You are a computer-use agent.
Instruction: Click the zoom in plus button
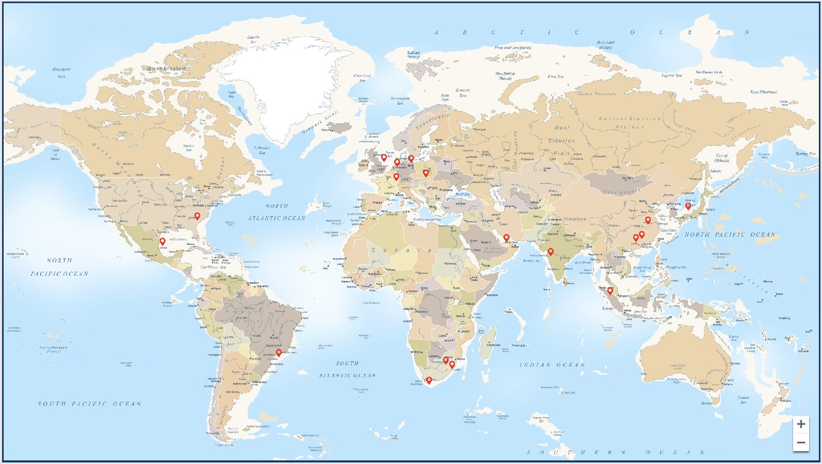click(801, 424)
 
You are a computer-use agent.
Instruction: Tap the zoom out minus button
click(801, 442)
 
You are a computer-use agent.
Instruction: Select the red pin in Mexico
click(162, 241)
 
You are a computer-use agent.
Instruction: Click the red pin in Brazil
click(279, 353)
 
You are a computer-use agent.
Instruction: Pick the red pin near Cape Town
click(429, 380)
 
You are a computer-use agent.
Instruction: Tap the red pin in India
click(551, 252)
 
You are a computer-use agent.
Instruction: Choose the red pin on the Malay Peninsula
click(610, 291)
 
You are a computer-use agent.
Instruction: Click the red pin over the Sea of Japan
click(688, 206)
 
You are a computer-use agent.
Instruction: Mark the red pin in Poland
click(426, 173)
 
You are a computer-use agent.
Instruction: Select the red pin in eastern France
click(396, 177)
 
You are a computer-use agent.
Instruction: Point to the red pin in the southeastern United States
click(197, 216)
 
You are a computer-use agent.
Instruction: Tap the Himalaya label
click(574, 219)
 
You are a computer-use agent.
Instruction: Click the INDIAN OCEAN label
click(552, 365)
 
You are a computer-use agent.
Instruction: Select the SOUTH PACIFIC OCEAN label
click(89, 404)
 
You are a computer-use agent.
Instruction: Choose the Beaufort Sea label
click(61, 73)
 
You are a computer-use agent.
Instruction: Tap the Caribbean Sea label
click(213, 267)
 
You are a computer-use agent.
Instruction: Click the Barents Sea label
click(463, 93)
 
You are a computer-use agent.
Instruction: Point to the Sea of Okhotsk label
click(721, 158)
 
